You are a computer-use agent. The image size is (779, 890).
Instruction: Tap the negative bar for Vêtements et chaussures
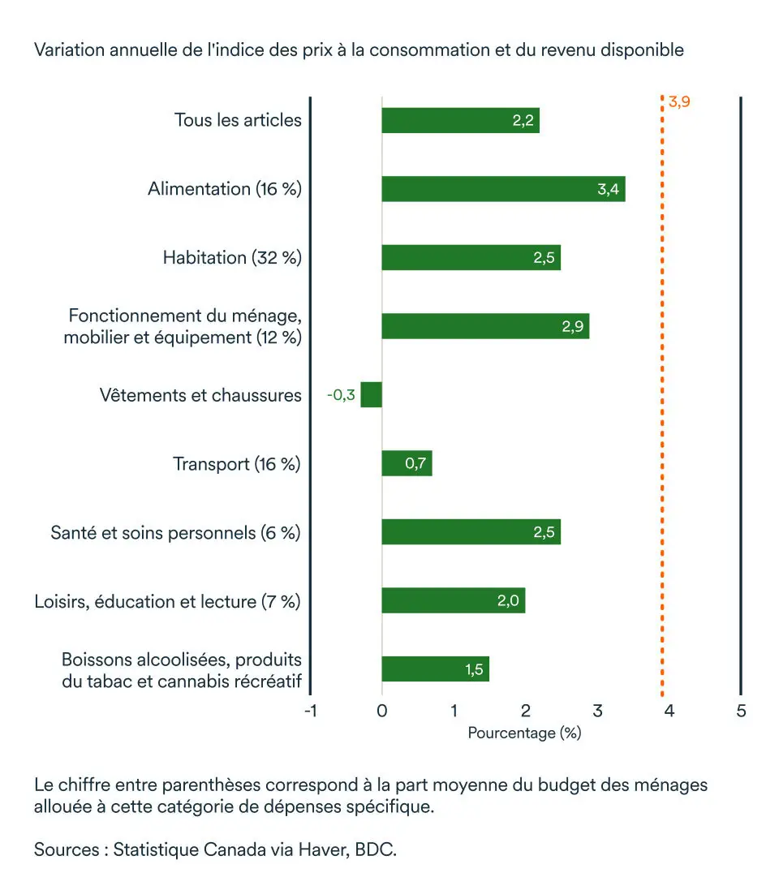[x=372, y=395]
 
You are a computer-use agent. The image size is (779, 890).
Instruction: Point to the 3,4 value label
[x=609, y=189]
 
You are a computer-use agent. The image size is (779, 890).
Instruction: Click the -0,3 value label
[x=341, y=396]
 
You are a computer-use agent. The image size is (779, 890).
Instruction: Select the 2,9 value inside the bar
[x=573, y=327]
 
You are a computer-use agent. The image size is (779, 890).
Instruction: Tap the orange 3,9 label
[x=679, y=102]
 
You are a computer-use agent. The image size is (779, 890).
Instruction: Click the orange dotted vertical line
[x=662, y=406]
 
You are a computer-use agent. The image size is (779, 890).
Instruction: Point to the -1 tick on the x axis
[x=309, y=712]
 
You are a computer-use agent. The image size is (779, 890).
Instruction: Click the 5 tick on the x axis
[x=741, y=712]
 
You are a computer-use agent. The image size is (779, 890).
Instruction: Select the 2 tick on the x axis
[x=526, y=712]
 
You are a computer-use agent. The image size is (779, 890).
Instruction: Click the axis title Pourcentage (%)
[x=525, y=733]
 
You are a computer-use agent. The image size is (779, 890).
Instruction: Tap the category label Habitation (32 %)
[x=232, y=258]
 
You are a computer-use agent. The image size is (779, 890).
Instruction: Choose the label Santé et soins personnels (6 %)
[x=175, y=533]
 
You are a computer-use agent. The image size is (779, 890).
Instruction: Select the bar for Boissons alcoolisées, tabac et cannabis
[x=436, y=669]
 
